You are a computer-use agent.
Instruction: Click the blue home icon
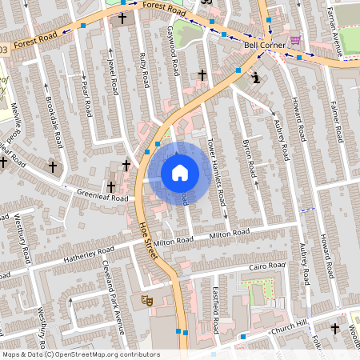pyautogui.click(x=179, y=173)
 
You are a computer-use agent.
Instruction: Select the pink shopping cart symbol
pyautogui.click(x=296, y=39)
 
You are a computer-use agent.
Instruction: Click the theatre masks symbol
pyautogui.click(x=146, y=300)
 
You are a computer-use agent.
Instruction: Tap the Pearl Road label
pyautogui.click(x=86, y=98)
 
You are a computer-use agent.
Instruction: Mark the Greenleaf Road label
pyautogui.click(x=102, y=194)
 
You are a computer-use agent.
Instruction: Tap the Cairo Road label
pyautogui.click(x=266, y=266)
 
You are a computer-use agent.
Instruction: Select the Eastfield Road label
pyautogui.click(x=216, y=311)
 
